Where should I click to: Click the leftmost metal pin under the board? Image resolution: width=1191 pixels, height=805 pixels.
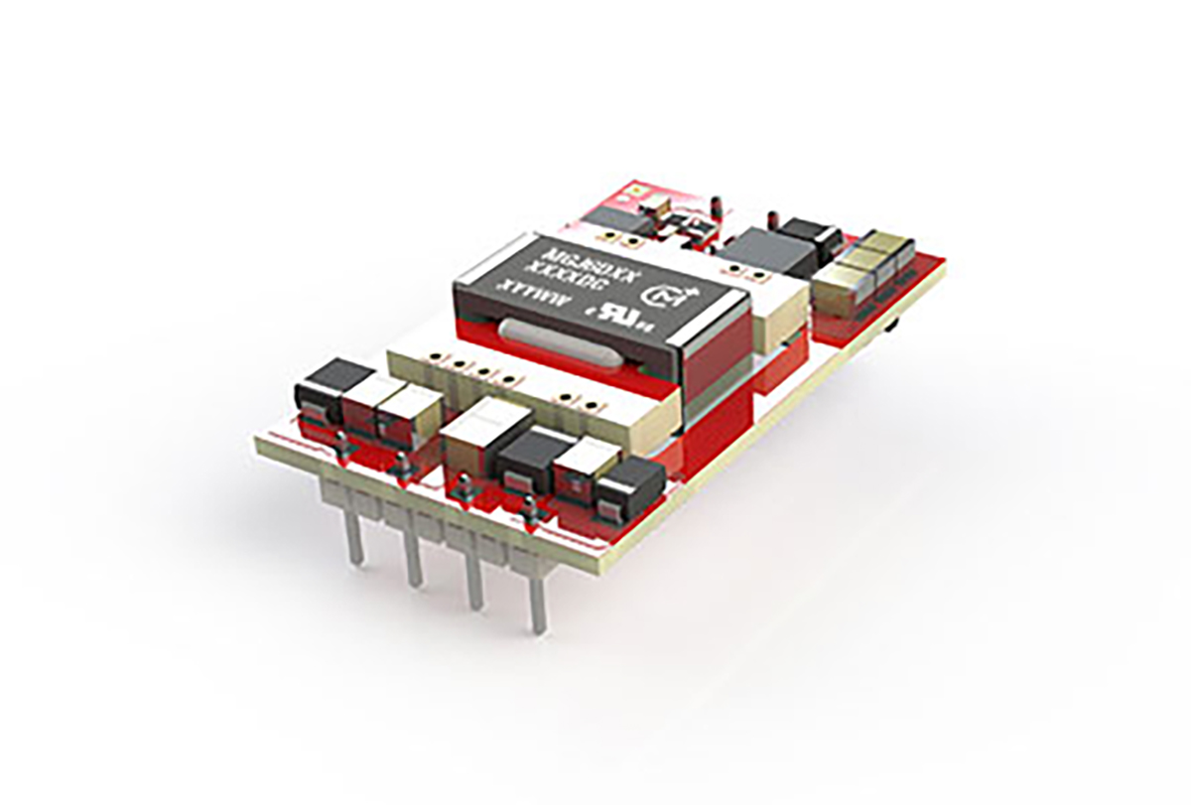354,536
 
